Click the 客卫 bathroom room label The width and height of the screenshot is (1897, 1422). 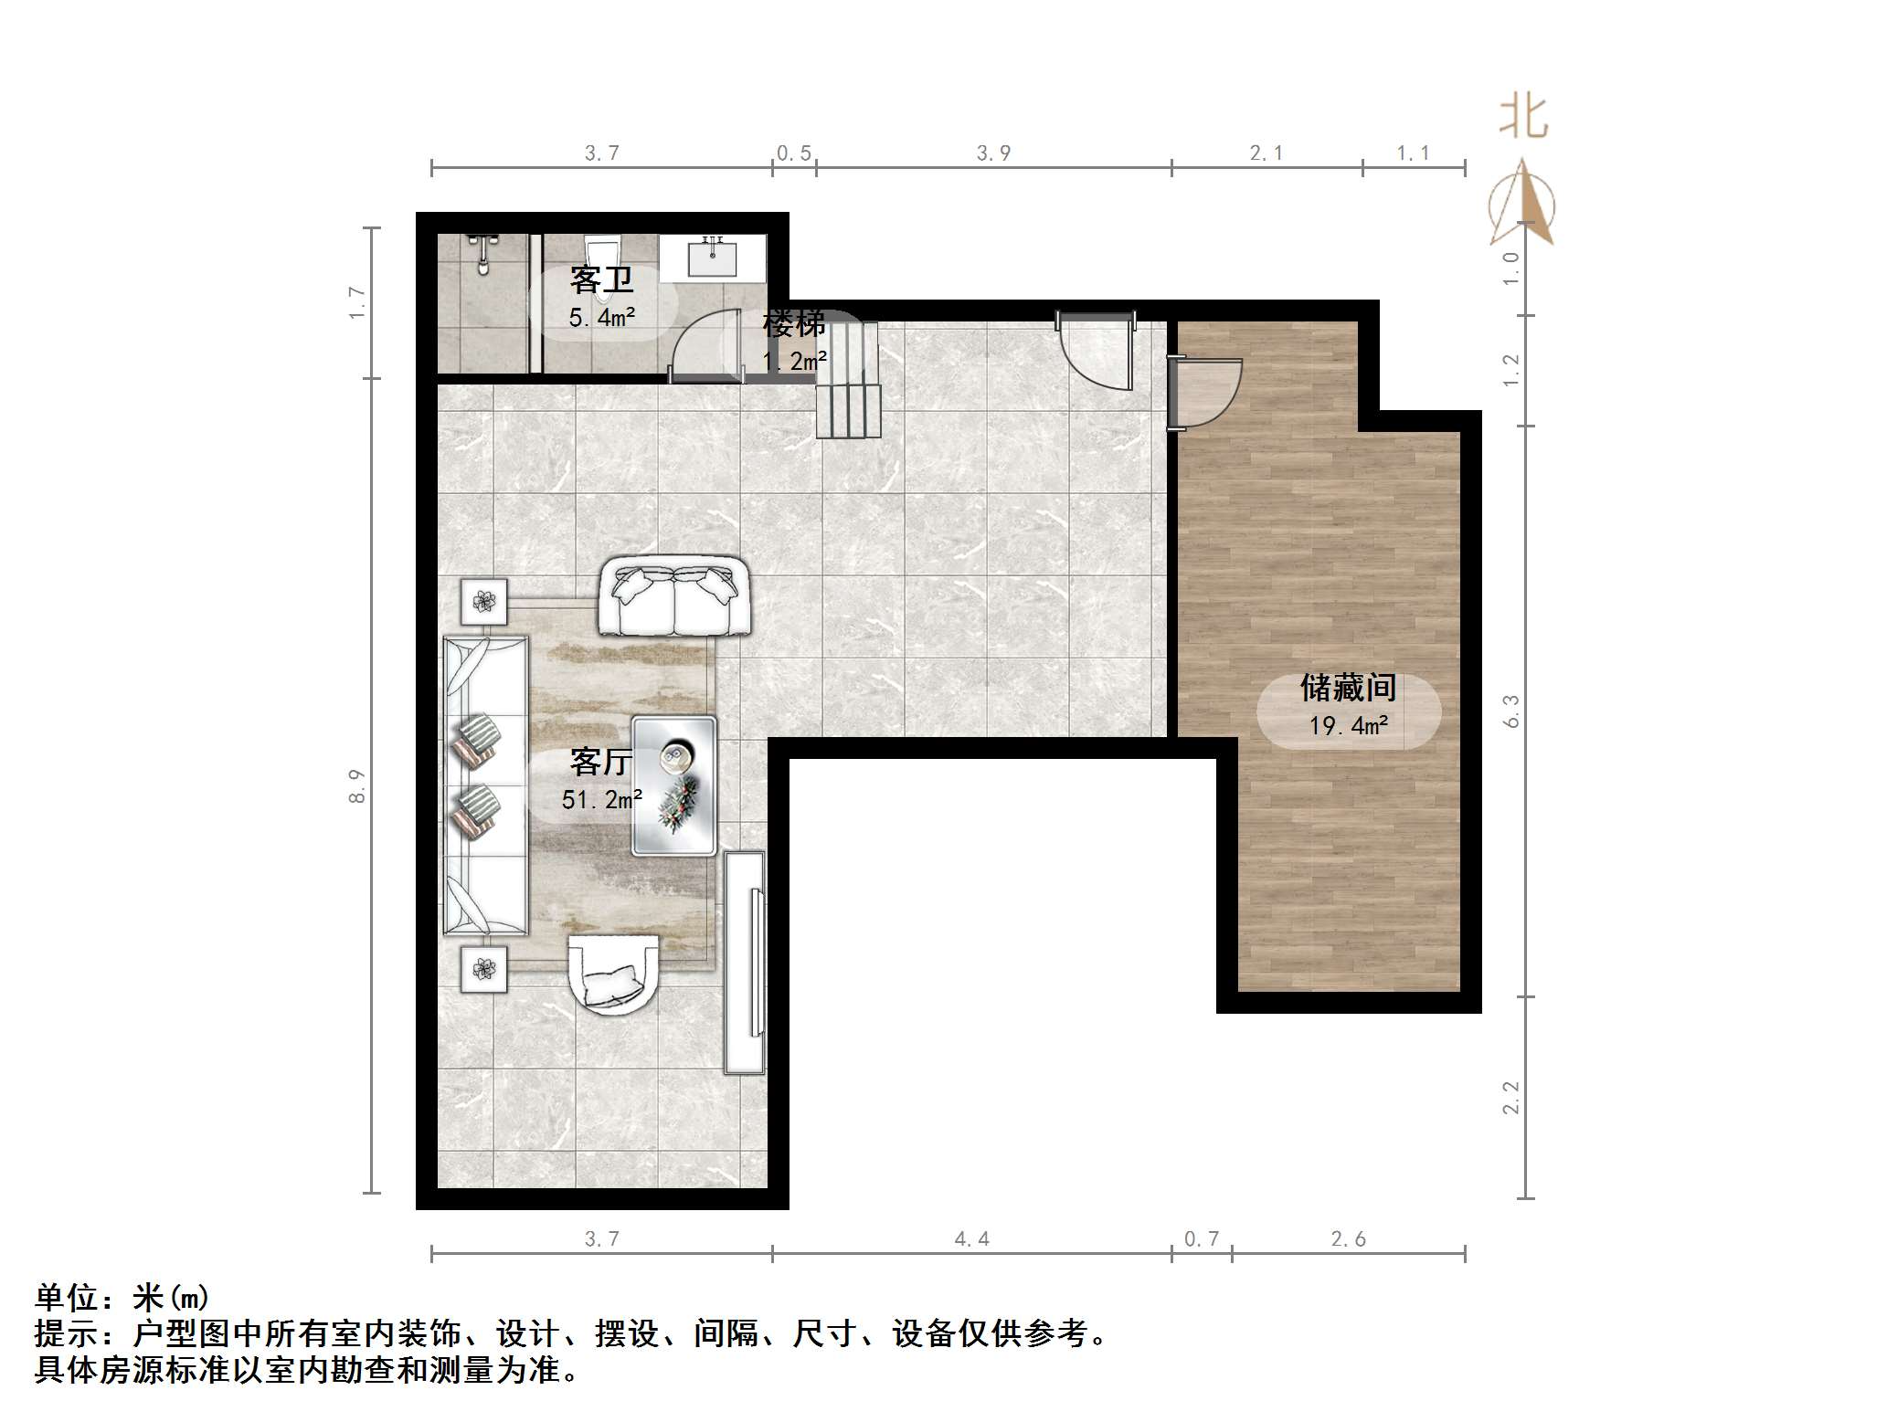600,279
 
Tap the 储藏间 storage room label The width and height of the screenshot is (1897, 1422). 1348,688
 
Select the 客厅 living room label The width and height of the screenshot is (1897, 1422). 600,761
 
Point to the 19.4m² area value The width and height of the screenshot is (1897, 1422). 1348,726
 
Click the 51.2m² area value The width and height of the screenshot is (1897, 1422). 601,800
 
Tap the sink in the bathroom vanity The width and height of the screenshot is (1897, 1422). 712,258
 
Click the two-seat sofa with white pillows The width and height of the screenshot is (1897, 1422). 674,595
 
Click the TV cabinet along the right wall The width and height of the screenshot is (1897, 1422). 745,962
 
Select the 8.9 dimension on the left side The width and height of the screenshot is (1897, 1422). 356,786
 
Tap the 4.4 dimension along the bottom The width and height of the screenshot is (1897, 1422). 971,1239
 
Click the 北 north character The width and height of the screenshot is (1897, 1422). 1522,118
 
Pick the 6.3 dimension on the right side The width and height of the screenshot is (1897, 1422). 1510,711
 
